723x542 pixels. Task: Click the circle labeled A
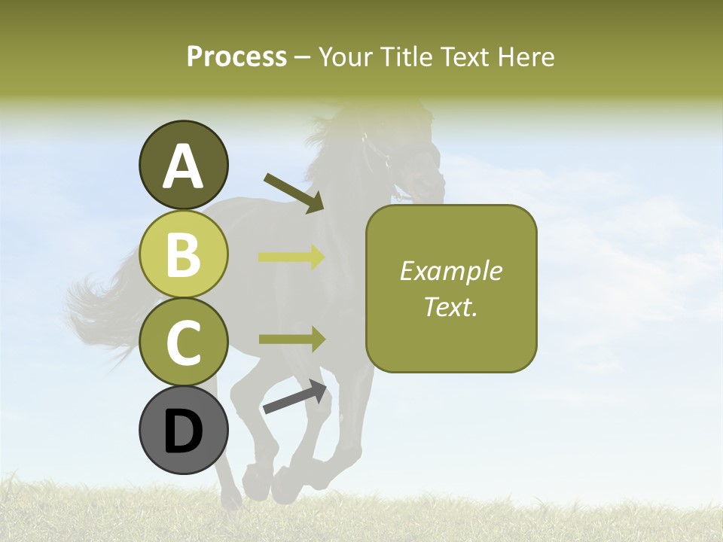pyautogui.click(x=183, y=165)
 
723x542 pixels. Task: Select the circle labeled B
pyautogui.click(x=183, y=254)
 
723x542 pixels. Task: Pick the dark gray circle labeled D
pyautogui.click(x=183, y=430)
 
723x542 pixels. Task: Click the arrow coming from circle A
pyautogui.click(x=294, y=192)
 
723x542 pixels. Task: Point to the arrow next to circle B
pyautogui.click(x=291, y=257)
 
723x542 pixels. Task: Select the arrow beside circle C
pyautogui.click(x=291, y=339)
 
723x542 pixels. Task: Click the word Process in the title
pyautogui.click(x=236, y=56)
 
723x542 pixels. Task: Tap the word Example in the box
pyautogui.click(x=451, y=271)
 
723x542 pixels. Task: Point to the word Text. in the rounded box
pyautogui.click(x=451, y=306)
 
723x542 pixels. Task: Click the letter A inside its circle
pyautogui.click(x=183, y=166)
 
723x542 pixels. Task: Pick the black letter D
pyautogui.click(x=183, y=431)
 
